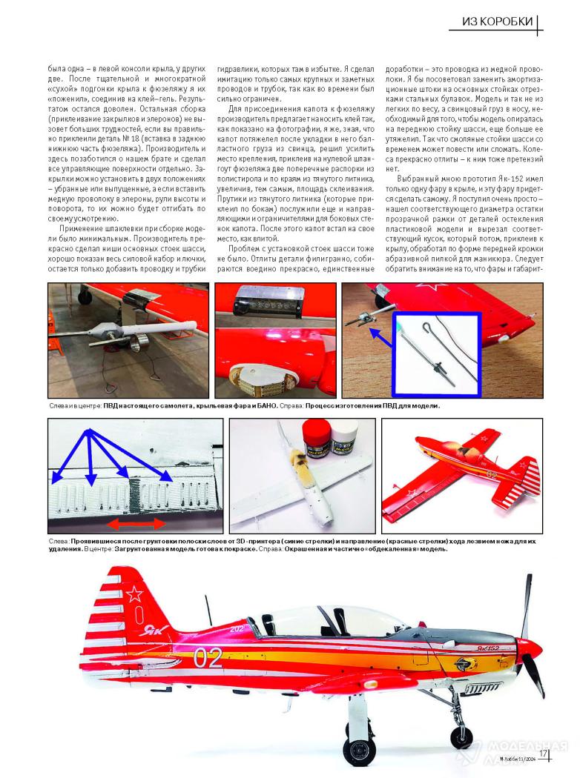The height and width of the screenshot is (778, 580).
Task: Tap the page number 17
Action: (x=543, y=754)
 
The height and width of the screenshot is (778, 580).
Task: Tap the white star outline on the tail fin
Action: (x=135, y=594)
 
